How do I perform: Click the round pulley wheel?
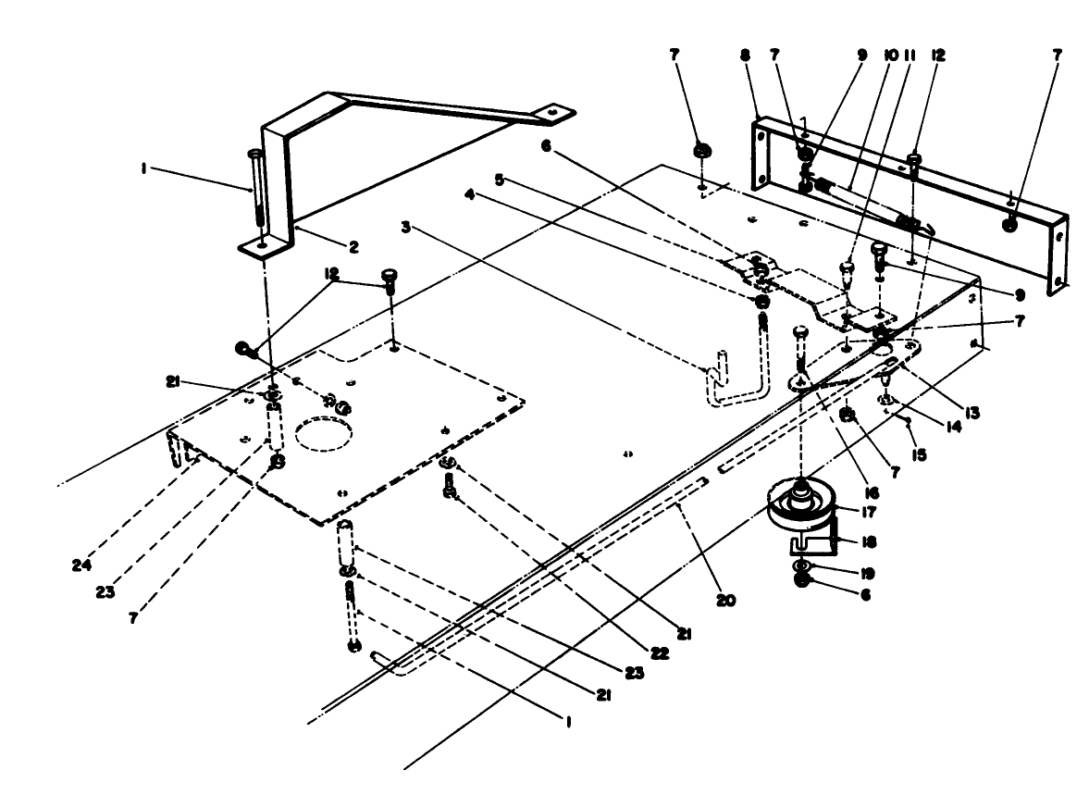(x=799, y=505)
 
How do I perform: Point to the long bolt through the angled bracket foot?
(x=255, y=190)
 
